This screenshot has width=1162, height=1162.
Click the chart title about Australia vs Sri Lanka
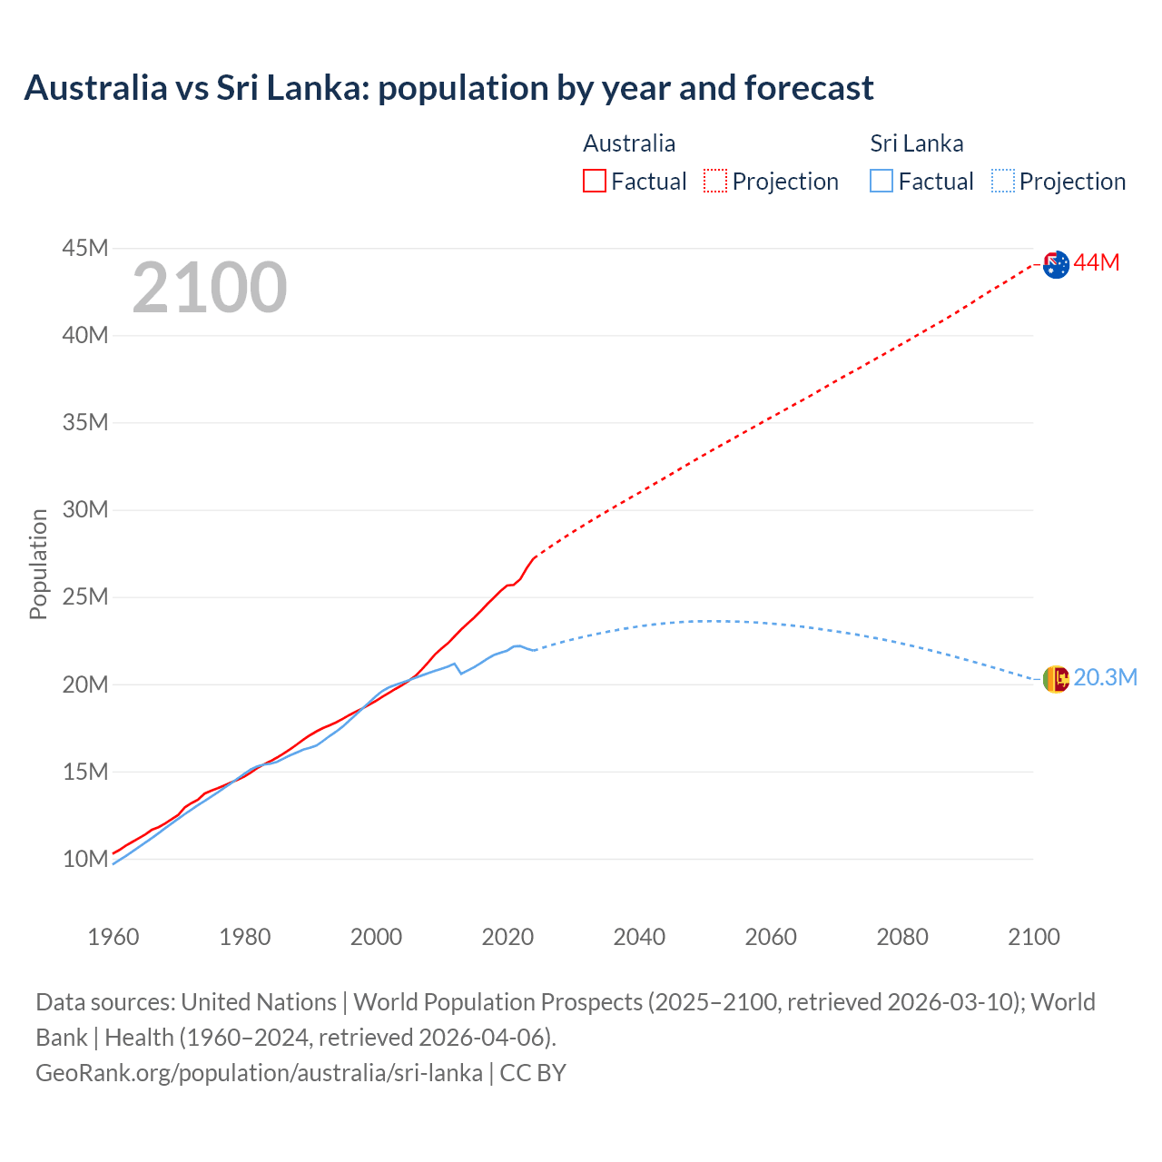tap(448, 88)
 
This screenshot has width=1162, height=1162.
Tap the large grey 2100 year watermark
tap(210, 288)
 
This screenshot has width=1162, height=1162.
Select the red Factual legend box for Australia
tap(594, 181)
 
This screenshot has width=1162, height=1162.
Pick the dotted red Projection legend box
tap(715, 181)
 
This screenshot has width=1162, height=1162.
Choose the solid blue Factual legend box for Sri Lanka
tap(881, 181)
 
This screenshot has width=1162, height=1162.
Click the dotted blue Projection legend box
tap(1002, 181)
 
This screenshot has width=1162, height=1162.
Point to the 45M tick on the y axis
tap(85, 248)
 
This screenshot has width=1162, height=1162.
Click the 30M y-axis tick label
tap(85, 509)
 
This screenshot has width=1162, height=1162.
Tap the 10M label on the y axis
tap(85, 859)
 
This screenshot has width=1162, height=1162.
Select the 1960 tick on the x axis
tap(113, 937)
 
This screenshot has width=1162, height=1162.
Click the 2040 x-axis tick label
tap(639, 937)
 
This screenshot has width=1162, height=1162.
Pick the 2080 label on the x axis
tap(902, 937)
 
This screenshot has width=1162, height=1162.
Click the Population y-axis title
tap(38, 564)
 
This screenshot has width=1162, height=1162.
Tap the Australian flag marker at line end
tap(1056, 265)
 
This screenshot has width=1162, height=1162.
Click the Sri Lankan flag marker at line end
tap(1056, 678)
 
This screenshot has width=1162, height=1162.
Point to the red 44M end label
tap(1097, 263)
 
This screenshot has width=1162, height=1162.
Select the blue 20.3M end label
tap(1105, 678)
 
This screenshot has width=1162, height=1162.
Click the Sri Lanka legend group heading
tap(916, 143)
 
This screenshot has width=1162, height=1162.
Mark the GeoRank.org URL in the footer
tap(259, 1073)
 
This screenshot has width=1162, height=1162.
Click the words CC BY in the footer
tap(533, 1073)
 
